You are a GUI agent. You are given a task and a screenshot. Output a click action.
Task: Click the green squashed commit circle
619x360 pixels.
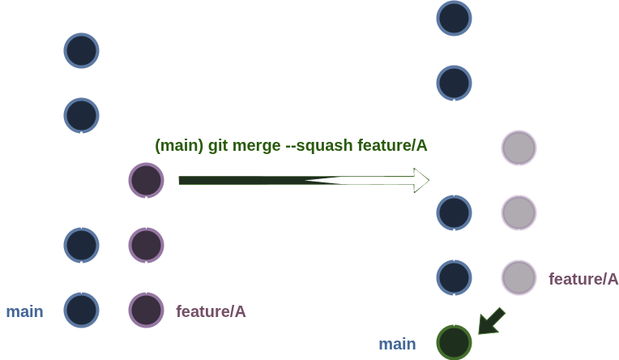pyautogui.click(x=454, y=342)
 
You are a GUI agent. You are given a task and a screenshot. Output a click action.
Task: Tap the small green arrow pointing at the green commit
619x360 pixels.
pyautogui.click(x=491, y=321)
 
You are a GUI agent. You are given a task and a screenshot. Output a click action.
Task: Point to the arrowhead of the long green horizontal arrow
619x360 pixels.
pyautogui.click(x=420, y=180)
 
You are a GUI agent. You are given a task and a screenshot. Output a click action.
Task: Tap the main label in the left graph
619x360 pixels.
pyautogui.click(x=24, y=311)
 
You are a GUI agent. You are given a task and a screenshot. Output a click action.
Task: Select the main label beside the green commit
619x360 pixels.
pyautogui.click(x=397, y=345)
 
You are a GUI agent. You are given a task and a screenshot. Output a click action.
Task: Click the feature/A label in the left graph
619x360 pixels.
pyautogui.click(x=211, y=311)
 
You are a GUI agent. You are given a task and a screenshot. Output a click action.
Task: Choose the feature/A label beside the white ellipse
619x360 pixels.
pyautogui.click(x=583, y=279)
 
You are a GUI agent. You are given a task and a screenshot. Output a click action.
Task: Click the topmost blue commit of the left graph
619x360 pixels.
pyautogui.click(x=81, y=51)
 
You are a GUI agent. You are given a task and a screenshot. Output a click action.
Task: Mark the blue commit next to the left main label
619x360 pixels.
pyautogui.click(x=81, y=309)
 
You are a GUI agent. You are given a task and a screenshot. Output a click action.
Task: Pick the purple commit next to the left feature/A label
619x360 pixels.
pyautogui.click(x=146, y=309)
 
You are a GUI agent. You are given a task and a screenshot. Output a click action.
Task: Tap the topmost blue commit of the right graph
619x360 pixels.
pyautogui.click(x=454, y=19)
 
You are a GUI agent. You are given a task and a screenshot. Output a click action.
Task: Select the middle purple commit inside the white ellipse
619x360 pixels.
pyautogui.click(x=519, y=212)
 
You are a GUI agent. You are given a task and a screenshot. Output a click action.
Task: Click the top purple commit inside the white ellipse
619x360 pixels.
pyautogui.click(x=519, y=148)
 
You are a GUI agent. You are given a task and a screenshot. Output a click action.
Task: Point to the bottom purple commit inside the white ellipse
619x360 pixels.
pyautogui.click(x=519, y=276)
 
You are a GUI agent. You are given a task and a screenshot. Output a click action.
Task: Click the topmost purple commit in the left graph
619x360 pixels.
pyautogui.click(x=146, y=180)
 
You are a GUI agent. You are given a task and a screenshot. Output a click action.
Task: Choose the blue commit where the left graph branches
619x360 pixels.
pyautogui.click(x=81, y=114)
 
